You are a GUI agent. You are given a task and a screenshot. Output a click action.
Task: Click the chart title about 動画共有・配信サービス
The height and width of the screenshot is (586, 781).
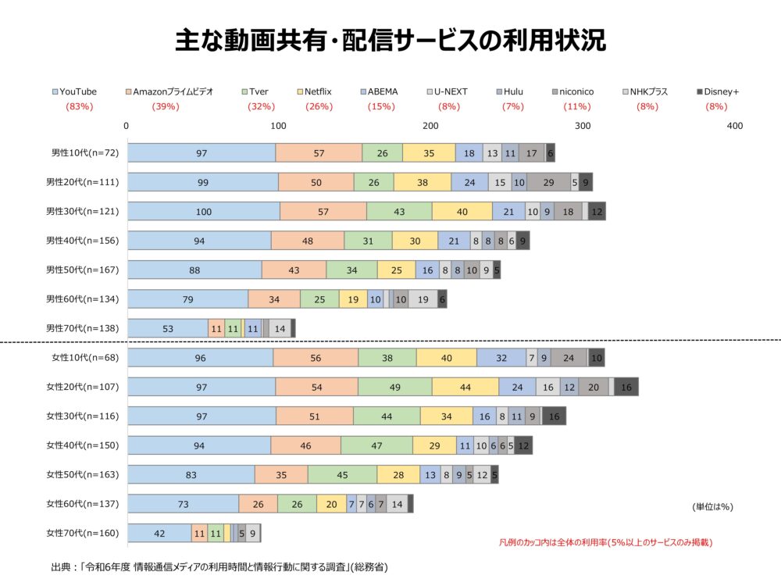390,41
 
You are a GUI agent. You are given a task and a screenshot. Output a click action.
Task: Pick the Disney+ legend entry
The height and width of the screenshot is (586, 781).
721,91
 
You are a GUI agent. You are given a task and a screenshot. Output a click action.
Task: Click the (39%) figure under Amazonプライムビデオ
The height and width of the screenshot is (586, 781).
165,106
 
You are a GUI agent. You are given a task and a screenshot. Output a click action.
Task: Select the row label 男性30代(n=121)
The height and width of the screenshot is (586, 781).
82,211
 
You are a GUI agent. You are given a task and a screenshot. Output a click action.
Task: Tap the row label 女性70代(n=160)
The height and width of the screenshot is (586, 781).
82,534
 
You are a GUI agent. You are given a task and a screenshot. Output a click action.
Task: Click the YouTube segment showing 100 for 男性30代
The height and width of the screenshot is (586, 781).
203,211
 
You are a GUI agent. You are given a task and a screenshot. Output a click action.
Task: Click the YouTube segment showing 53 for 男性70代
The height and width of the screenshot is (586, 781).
168,328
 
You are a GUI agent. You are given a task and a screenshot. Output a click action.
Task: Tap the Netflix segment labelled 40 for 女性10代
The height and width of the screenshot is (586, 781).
446,358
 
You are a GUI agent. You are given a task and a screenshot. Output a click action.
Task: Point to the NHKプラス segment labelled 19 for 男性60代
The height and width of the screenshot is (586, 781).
423,299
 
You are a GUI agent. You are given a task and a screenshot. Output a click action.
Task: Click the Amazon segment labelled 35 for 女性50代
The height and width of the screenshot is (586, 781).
281,475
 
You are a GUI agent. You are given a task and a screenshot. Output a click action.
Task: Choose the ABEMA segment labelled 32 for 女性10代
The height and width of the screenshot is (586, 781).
501,358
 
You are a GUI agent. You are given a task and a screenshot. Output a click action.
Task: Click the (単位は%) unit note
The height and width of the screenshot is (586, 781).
712,507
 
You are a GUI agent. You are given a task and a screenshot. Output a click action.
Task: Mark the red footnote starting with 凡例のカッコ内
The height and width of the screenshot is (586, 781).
604,541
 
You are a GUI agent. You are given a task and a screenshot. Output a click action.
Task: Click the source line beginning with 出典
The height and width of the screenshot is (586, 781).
219,566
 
